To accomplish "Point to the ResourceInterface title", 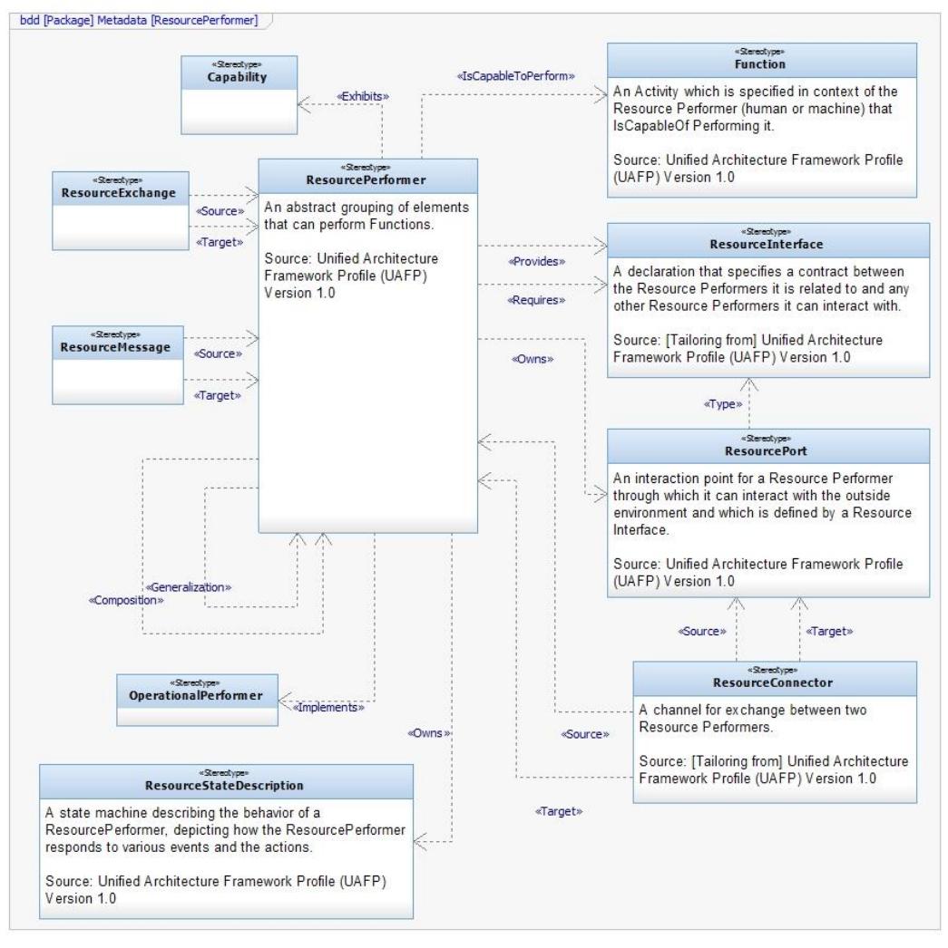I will pos(768,243).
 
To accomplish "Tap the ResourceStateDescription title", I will pos(224,784).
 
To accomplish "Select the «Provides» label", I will pos(536,261).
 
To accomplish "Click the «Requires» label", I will pos(536,299).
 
